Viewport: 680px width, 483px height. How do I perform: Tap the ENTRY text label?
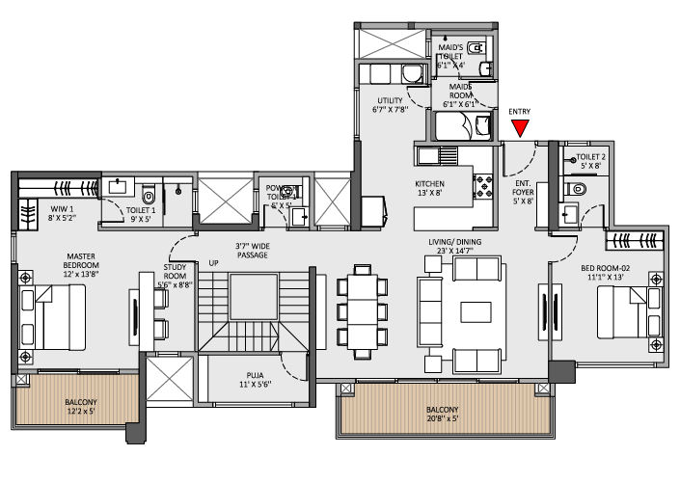(520, 112)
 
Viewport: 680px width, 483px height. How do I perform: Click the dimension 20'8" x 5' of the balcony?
(442, 419)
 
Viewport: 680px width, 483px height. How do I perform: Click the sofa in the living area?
(430, 312)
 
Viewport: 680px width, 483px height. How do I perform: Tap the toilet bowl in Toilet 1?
(148, 190)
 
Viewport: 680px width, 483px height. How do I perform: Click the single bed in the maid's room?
(463, 126)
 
